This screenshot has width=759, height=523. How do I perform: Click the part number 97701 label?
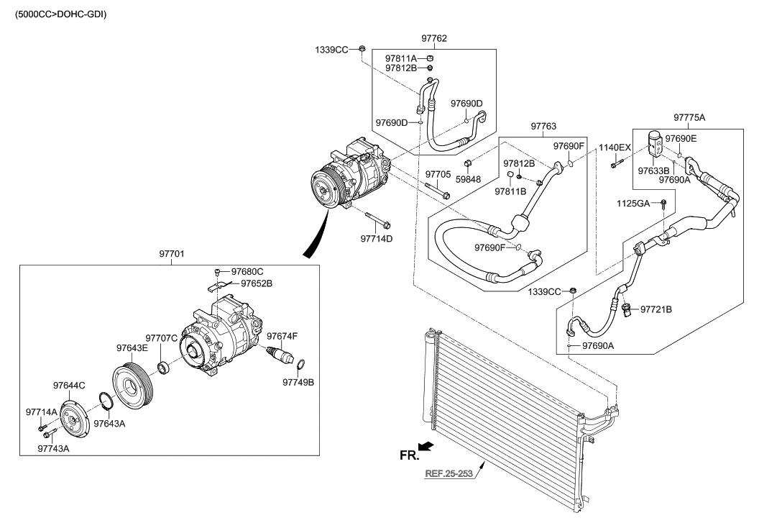(171, 254)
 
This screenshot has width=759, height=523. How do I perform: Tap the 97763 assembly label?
(543, 127)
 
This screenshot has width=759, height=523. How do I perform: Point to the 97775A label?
(689, 117)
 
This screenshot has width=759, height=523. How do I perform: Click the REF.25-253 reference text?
(449, 474)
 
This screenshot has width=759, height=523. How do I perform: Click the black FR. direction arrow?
(426, 447)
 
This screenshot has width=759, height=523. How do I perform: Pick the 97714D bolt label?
(376, 238)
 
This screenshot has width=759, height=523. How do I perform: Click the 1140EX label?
(615, 147)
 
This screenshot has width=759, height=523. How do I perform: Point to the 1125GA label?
(632, 204)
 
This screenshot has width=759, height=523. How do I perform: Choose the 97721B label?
(655, 309)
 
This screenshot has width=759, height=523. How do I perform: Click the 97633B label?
(653, 171)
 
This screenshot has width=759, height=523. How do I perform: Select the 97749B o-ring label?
(298, 382)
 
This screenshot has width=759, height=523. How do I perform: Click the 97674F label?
(282, 336)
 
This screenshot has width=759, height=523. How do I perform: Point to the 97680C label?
(247, 271)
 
